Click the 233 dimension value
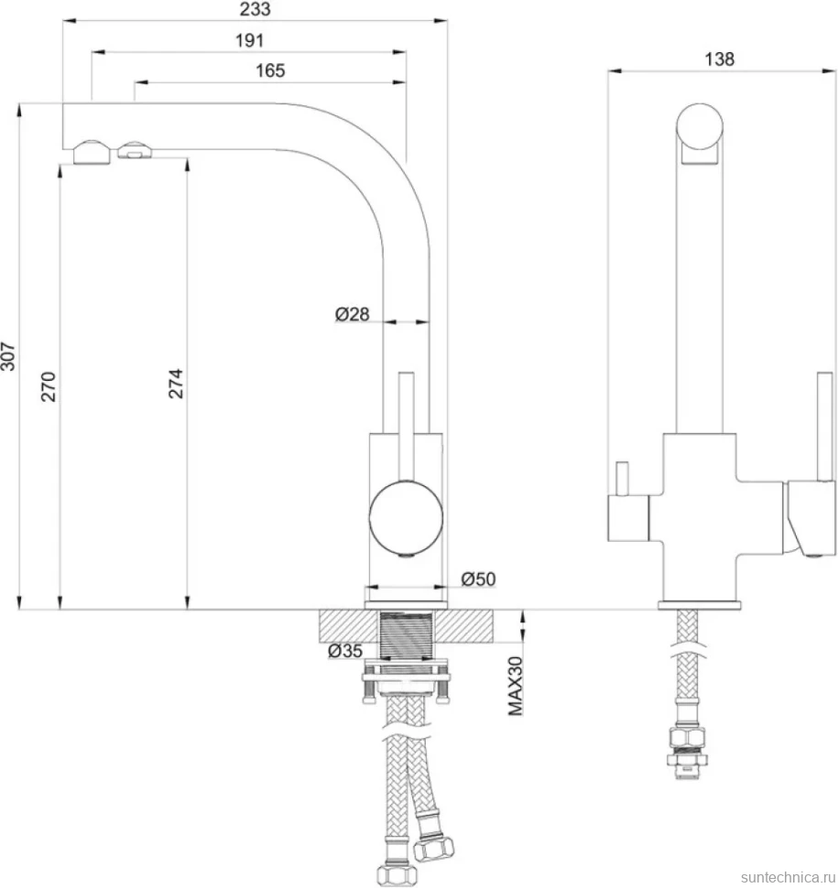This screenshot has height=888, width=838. (x=255, y=9)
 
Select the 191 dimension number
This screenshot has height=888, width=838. (x=249, y=41)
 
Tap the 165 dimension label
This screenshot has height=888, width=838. (x=269, y=70)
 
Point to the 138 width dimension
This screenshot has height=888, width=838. (x=719, y=60)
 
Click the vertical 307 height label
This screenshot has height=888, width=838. (x=8, y=356)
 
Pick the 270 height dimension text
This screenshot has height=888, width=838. (x=49, y=386)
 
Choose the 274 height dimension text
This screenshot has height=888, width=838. (x=176, y=384)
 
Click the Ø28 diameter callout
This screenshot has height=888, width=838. (x=352, y=314)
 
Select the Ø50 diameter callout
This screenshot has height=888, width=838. (x=478, y=579)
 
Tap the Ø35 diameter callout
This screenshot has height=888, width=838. (x=345, y=651)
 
